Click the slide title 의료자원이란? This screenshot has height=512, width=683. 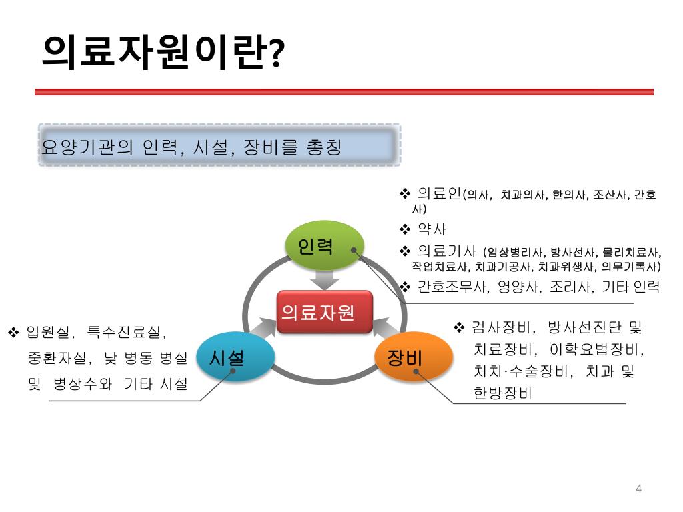coord(163,52)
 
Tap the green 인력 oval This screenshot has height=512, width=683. coord(324,246)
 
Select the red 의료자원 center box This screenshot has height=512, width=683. coord(324,312)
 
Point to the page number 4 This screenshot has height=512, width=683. coord(638,489)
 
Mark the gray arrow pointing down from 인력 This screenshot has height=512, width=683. coord(324,279)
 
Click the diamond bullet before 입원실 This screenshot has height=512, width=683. coord(13,331)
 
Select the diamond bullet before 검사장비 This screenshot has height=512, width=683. coord(459,327)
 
